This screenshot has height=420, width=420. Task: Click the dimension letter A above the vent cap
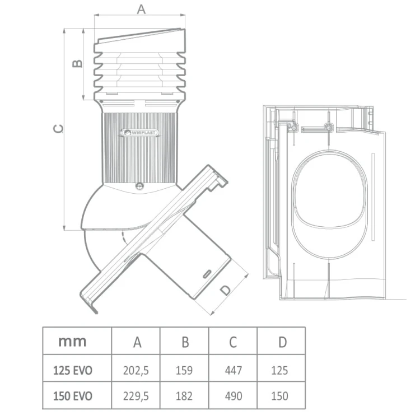click(x=141, y=9)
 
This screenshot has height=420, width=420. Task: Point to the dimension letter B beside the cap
click(x=78, y=63)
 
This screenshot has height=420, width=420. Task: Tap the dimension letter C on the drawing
click(x=59, y=129)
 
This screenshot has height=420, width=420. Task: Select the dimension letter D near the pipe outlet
click(x=226, y=290)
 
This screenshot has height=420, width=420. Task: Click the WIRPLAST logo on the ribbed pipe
click(x=139, y=132)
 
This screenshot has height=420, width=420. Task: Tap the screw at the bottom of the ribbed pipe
click(x=139, y=185)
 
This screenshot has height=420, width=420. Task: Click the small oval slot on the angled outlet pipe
click(x=207, y=275)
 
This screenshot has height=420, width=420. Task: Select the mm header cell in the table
click(x=72, y=342)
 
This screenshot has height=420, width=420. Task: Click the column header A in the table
click(x=137, y=342)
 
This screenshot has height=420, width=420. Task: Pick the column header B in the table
click(x=185, y=342)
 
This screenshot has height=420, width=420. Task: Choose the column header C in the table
click(x=233, y=342)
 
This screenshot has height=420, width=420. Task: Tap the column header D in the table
click(x=282, y=342)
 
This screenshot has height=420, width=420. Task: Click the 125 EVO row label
click(x=73, y=371)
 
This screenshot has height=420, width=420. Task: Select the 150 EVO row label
click(x=73, y=396)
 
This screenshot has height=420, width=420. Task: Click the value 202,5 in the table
click(x=136, y=371)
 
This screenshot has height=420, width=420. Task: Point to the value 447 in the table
click(x=234, y=371)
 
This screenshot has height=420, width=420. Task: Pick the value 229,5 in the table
click(x=136, y=396)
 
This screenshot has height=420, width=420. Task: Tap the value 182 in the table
click(x=184, y=396)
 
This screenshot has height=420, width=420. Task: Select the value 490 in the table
click(x=234, y=396)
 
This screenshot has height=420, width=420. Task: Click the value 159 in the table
click(x=184, y=371)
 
